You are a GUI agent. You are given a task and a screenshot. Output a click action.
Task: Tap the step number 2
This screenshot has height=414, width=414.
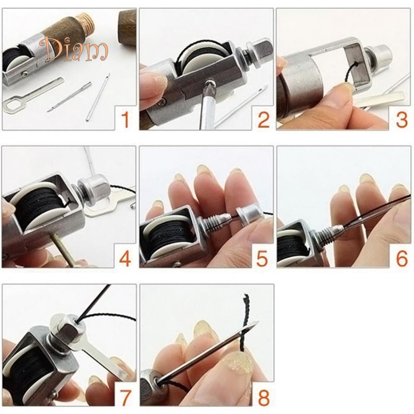(263, 119)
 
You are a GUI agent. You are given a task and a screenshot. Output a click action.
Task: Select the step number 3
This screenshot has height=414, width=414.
(401, 119)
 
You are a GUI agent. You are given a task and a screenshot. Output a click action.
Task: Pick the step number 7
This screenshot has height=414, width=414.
(125, 396)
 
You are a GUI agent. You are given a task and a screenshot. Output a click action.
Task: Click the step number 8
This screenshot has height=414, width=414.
(263, 397)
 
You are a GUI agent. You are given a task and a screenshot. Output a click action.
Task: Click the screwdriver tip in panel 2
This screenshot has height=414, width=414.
(210, 84)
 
